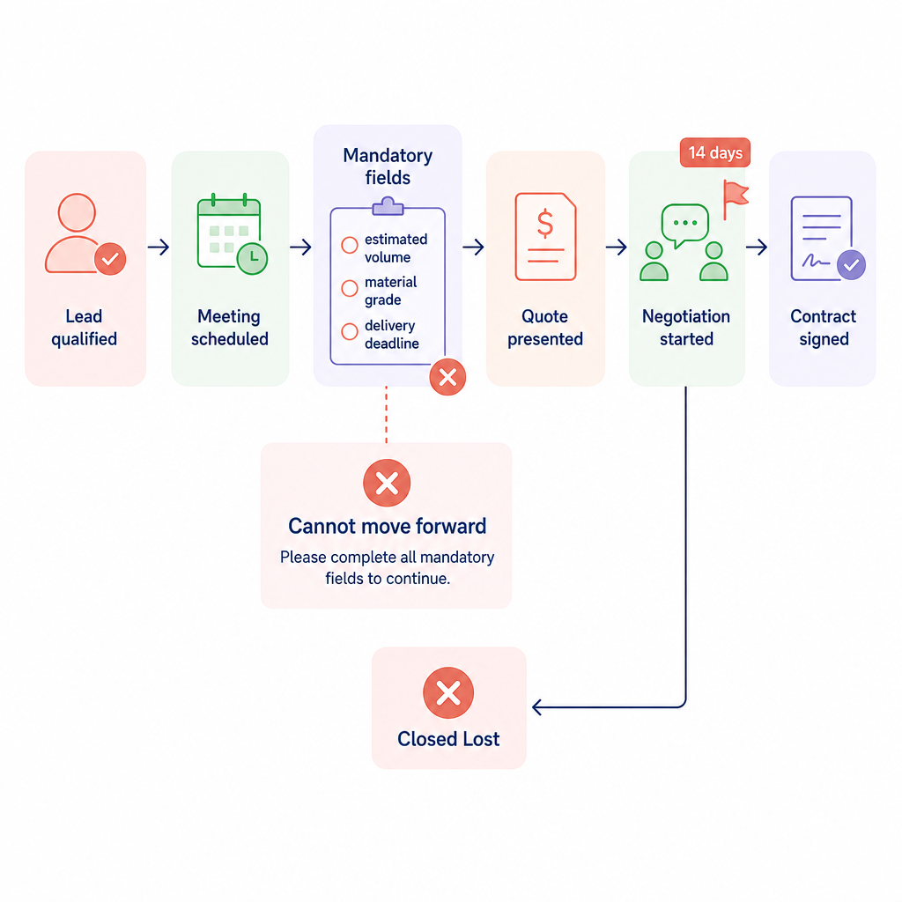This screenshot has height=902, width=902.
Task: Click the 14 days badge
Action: coord(715,152)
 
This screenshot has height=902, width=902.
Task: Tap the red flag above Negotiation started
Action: coord(736,199)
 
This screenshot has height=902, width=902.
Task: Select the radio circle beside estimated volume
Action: coord(349,245)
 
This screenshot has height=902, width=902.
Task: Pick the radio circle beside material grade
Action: coord(349,288)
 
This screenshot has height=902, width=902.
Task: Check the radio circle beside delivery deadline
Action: coord(349,331)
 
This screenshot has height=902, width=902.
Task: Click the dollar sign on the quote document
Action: coord(544,224)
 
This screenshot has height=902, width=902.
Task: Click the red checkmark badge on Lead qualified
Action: coord(110,259)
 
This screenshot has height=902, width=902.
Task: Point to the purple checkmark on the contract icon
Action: coord(851,264)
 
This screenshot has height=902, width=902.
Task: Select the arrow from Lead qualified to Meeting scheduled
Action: coord(159,248)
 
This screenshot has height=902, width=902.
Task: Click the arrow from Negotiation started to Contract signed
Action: coord(757,248)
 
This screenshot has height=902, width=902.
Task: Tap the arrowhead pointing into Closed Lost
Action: coord(537,707)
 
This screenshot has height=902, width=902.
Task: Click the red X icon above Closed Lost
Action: coord(448,692)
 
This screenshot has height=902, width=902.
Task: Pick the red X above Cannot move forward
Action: coord(387,484)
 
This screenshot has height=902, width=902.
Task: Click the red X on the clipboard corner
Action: coord(447,377)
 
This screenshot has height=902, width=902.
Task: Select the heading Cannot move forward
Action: coord(388,526)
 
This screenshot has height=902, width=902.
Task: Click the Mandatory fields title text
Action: coord(388,166)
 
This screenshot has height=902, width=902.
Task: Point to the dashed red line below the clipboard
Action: coord(386,414)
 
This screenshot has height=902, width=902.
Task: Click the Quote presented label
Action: coord(544,328)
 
